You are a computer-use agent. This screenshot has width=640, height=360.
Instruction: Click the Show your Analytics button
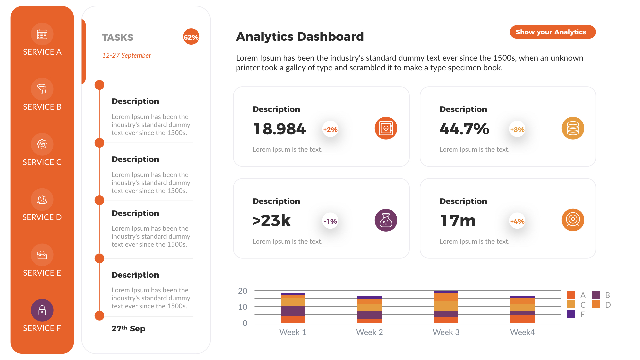(x=552, y=32)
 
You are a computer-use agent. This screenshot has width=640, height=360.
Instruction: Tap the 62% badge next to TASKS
(x=191, y=37)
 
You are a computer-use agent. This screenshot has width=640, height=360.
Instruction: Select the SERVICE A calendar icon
(x=42, y=34)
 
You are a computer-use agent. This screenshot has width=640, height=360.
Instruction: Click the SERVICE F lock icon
(x=42, y=310)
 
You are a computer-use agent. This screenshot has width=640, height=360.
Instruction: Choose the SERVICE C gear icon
(x=42, y=144)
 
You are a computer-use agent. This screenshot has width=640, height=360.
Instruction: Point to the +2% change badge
(x=330, y=130)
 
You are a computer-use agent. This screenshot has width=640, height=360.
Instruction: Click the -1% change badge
(x=330, y=221)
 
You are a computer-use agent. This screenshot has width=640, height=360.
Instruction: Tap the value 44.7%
(x=464, y=129)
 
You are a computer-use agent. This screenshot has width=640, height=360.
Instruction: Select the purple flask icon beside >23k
(x=386, y=220)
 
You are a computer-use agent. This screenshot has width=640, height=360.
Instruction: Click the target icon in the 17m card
(x=573, y=220)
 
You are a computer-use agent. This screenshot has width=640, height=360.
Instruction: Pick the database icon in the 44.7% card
(x=573, y=128)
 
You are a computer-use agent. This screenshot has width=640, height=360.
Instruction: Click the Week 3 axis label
(x=446, y=332)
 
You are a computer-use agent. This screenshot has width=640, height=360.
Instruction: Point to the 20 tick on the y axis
(x=243, y=291)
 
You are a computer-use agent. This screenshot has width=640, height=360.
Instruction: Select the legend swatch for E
(x=571, y=314)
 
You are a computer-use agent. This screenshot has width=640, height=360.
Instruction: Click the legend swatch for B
(x=596, y=295)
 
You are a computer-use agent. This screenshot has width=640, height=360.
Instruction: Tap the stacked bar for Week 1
(x=293, y=308)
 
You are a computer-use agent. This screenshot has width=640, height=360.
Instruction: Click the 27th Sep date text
(x=128, y=329)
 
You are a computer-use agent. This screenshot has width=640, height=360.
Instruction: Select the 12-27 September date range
(x=126, y=55)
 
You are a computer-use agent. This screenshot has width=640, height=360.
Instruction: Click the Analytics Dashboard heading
(x=300, y=36)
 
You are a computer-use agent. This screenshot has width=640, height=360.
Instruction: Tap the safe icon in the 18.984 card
(x=386, y=128)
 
